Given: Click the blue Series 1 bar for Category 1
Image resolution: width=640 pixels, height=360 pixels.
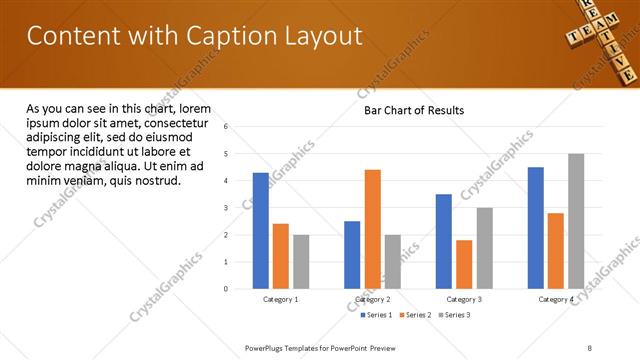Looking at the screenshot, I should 261,231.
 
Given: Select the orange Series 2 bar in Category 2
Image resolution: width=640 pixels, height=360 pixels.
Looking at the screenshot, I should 372,229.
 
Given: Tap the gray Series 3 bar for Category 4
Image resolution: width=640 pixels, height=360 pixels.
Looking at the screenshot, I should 576,221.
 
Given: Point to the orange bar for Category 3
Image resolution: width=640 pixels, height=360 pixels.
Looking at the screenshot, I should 464,264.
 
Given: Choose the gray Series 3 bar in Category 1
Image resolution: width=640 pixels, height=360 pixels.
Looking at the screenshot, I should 301,262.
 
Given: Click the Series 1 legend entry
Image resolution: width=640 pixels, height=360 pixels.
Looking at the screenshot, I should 377,315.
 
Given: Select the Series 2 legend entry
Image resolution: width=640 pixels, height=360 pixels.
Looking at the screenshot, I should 415,315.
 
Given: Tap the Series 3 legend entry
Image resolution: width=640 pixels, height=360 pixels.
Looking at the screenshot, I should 453,315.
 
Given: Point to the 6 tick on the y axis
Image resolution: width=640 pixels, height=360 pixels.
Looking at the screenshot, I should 226,127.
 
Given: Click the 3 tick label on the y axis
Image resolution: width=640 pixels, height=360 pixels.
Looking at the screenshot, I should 226,208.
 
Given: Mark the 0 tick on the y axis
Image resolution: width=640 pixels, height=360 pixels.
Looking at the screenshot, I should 226,289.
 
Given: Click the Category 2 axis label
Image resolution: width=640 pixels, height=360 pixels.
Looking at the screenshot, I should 372,300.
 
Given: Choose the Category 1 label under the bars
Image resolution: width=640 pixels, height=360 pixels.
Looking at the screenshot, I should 281,300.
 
